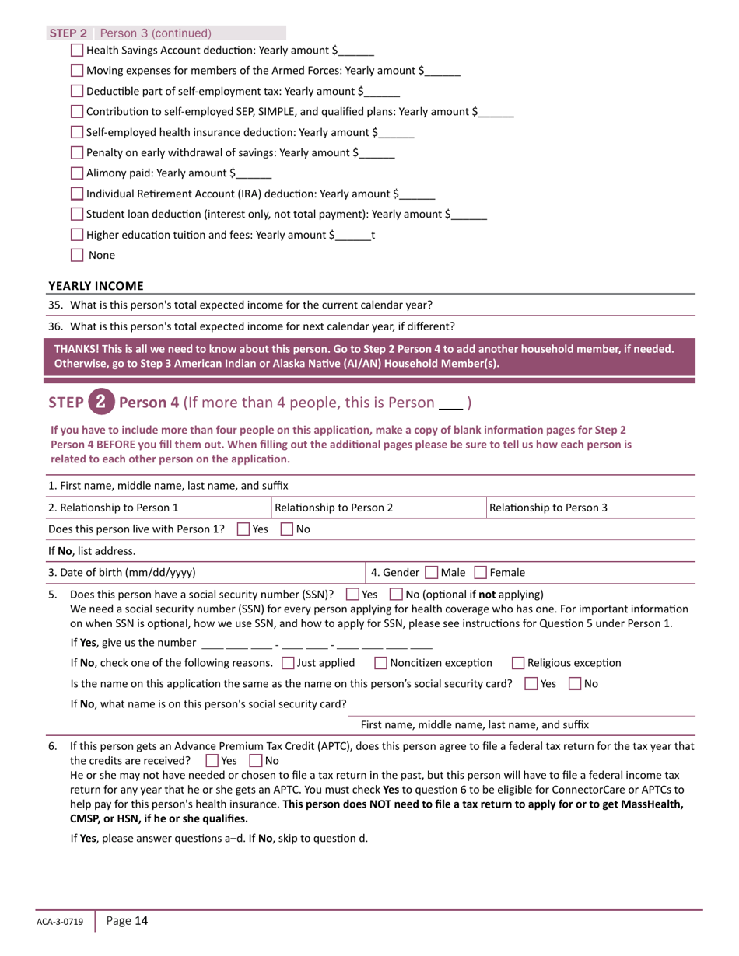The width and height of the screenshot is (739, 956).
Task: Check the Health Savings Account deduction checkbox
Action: click(x=77, y=51)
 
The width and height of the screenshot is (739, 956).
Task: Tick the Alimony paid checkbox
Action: click(x=77, y=173)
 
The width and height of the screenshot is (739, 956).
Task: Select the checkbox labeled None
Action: click(x=77, y=255)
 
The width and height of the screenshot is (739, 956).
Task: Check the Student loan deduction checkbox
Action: click(x=77, y=215)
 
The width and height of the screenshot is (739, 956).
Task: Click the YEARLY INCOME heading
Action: click(x=96, y=286)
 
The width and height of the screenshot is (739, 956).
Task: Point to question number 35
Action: click(x=55, y=305)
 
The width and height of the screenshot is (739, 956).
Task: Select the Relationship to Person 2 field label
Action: click(x=334, y=508)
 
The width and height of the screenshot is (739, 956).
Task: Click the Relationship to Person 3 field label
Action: click(x=548, y=508)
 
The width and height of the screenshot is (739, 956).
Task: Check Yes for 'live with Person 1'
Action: click(x=243, y=529)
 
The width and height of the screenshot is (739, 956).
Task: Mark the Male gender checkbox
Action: click(x=432, y=573)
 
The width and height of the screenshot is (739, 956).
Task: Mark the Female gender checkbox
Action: click(x=481, y=573)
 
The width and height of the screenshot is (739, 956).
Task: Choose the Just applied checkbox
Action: click(x=288, y=663)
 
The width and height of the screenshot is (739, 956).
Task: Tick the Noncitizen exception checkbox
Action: click(x=381, y=663)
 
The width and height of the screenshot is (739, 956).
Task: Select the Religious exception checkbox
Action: click(x=518, y=663)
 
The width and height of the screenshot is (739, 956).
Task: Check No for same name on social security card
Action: click(x=575, y=684)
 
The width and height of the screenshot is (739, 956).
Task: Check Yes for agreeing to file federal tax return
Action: click(x=212, y=760)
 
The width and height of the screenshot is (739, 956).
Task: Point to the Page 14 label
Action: click(x=127, y=921)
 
